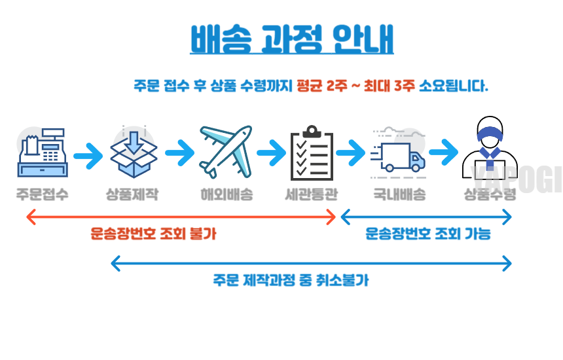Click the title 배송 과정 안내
coord(292,39)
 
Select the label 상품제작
coord(132,194)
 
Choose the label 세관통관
coord(312,194)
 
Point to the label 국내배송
coord(399,194)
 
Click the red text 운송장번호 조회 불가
coord(153,234)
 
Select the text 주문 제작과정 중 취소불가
coord(291,280)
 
